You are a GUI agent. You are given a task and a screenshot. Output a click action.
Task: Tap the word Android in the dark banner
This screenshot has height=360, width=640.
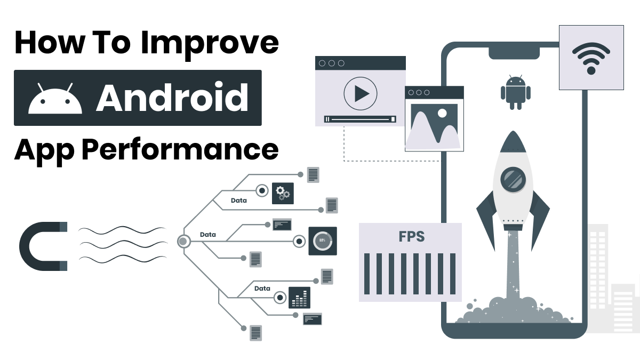click(x=172, y=98)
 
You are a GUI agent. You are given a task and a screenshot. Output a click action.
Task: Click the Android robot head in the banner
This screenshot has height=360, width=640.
click(x=55, y=100)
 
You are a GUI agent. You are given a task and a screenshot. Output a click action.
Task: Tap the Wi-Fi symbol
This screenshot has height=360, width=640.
click(x=590, y=57)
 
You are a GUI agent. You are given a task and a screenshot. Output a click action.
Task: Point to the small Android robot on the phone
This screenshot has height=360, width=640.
click(x=516, y=92)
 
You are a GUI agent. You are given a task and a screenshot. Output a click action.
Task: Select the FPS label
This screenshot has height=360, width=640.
click(x=410, y=237)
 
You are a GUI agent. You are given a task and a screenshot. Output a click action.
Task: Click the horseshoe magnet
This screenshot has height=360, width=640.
click(x=42, y=246)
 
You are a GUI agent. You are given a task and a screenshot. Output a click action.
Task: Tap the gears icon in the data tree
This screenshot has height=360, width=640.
click(x=283, y=193)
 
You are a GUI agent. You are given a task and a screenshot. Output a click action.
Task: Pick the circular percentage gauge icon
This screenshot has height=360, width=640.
click(x=322, y=241)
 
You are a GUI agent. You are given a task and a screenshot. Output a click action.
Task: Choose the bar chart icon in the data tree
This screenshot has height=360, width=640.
click(x=299, y=298)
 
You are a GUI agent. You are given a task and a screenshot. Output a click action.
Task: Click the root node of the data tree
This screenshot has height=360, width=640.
click(x=183, y=241)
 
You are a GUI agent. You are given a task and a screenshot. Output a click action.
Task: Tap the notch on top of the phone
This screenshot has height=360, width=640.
click(x=514, y=52)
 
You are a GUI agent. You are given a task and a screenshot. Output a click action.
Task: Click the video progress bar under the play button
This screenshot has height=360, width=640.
click(x=360, y=119)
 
